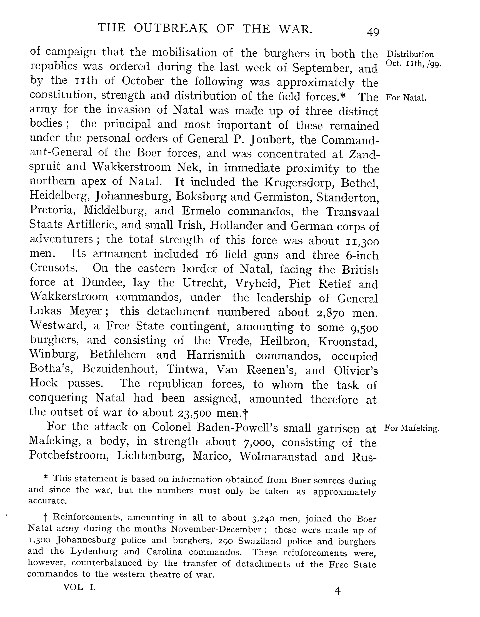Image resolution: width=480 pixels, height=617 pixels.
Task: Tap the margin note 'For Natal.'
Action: pos(406,98)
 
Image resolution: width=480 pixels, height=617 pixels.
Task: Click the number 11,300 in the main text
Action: pos(362,241)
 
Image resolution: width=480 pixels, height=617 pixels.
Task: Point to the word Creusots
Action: pos(54,268)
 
